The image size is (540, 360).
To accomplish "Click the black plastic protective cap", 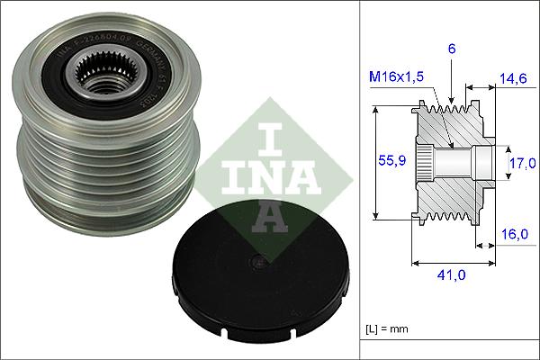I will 238,278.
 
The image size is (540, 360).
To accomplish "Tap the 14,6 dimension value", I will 514,80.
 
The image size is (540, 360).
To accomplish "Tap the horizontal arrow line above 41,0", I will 452,264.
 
